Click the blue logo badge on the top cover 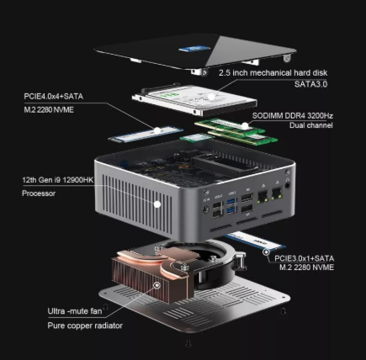pos(194,49)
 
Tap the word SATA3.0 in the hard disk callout pos(310,84)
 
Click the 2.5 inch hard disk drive pos(194,99)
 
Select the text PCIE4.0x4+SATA pos(54,97)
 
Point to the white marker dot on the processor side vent pos(157,204)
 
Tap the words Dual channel pos(311,125)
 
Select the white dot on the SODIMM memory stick pos(245,126)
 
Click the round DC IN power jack pos(206,209)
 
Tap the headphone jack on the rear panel pos(288,185)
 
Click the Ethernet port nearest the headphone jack pos(277,193)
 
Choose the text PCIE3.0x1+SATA pos(304,258)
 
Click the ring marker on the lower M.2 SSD pos(266,252)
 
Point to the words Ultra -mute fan pos(75,311)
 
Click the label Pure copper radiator pos(85,326)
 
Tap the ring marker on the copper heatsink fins pos(157,285)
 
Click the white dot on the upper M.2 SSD pos(157,130)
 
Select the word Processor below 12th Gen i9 pos(39,193)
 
